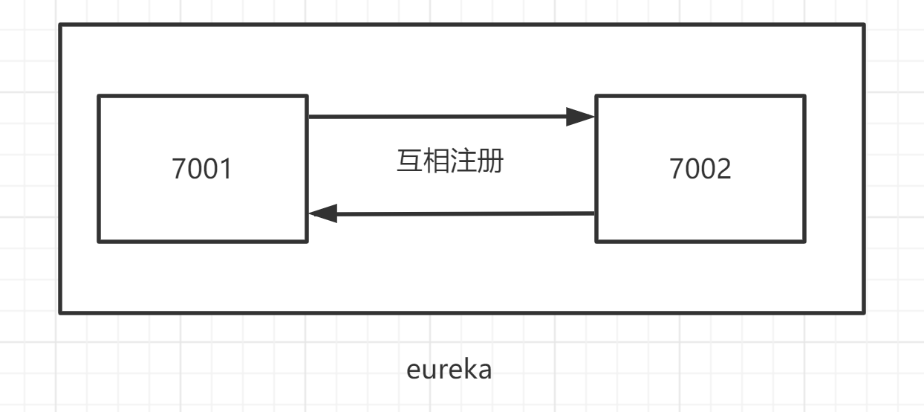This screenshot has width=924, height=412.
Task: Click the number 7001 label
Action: (x=202, y=169)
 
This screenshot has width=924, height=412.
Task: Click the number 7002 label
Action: (x=700, y=169)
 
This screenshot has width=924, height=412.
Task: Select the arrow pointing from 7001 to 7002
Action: (x=438, y=117)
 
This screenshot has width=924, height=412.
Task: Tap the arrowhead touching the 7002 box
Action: (x=581, y=117)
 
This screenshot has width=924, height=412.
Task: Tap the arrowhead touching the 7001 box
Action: (x=324, y=214)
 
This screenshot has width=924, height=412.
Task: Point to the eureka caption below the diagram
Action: (x=449, y=369)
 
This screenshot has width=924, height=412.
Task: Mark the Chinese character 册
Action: (x=491, y=161)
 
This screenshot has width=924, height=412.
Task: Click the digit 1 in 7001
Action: (x=225, y=169)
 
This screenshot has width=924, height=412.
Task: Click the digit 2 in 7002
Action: (x=723, y=169)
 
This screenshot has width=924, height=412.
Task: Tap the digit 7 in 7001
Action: (x=179, y=169)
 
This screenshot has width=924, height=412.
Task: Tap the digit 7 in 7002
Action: (x=677, y=169)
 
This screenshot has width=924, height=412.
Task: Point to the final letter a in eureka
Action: (x=484, y=370)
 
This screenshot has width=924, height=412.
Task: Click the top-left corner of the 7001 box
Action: (x=99, y=96)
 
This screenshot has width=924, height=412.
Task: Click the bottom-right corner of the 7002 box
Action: (x=804, y=242)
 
